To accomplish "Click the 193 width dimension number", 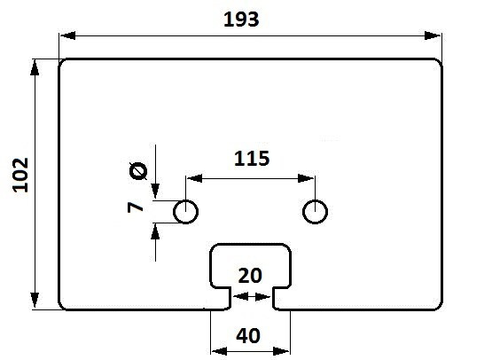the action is pyautogui.click(x=241, y=20).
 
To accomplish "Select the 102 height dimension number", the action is pyautogui.click(x=20, y=175).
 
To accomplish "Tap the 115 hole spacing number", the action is pyautogui.click(x=252, y=159).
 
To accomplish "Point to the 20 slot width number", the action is pyautogui.click(x=250, y=276).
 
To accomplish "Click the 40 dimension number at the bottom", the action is pyautogui.click(x=248, y=335).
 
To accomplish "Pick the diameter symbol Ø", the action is pyautogui.click(x=138, y=171).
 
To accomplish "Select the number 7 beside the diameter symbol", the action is pyautogui.click(x=136, y=207).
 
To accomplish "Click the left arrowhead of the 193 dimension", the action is pyautogui.click(x=67, y=35).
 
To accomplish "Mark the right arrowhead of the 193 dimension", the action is pyautogui.click(x=433, y=35).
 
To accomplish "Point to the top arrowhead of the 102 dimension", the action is pyautogui.click(x=35, y=67).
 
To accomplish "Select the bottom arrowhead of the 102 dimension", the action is pyautogui.click(x=35, y=301).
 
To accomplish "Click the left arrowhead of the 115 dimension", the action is pyautogui.click(x=194, y=178).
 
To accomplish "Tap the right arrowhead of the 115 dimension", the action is pyautogui.click(x=306, y=178).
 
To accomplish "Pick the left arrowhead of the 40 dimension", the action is pyautogui.click(x=219, y=351).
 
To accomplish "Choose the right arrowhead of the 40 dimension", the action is pyautogui.click(x=281, y=351).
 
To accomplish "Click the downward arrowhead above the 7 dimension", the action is pyautogui.click(x=155, y=192).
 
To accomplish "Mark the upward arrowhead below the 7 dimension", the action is pyautogui.click(x=155, y=232).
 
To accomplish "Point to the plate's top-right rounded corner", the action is pyautogui.click(x=440, y=61).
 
